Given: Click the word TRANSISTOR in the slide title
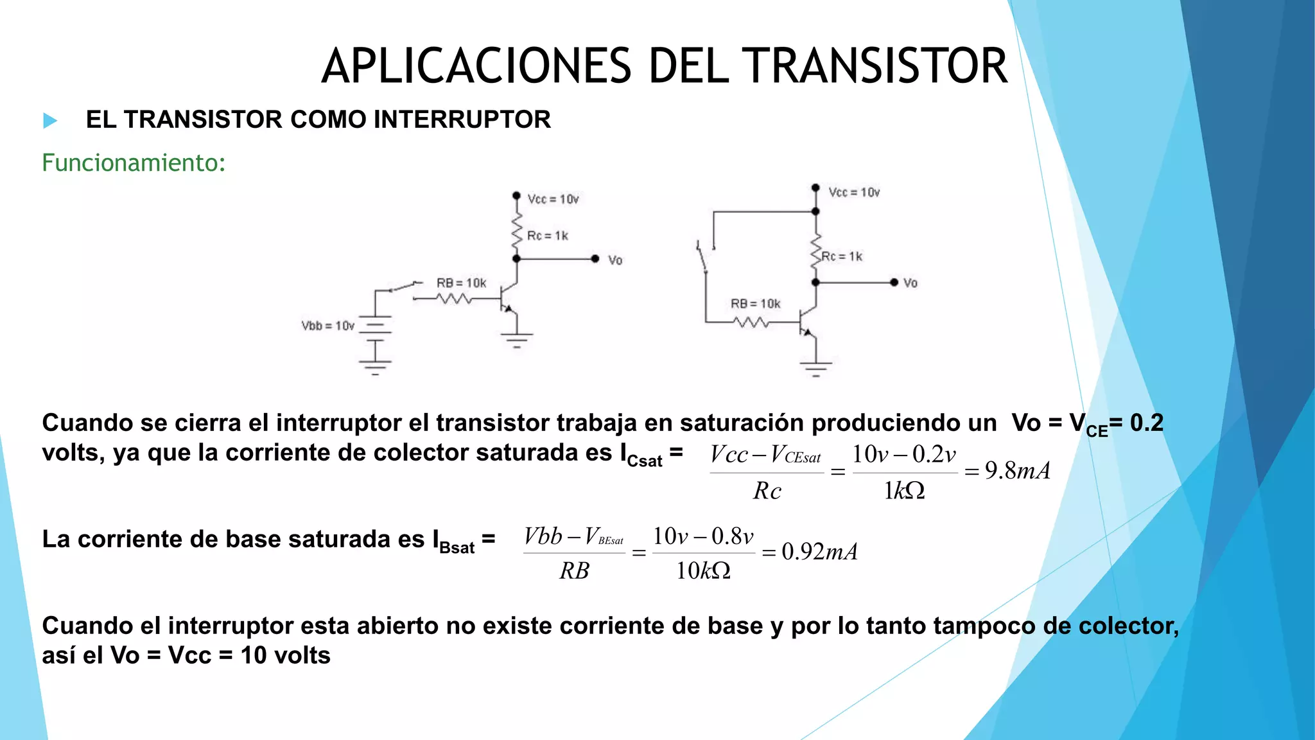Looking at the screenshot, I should [x=876, y=66].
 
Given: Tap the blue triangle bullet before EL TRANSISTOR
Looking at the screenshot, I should [x=50, y=120].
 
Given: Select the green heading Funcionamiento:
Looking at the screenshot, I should [x=134, y=163].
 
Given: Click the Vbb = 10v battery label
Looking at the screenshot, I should [x=327, y=326].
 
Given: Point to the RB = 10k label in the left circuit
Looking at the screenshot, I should [x=461, y=283].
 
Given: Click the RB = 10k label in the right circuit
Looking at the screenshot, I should [x=755, y=304].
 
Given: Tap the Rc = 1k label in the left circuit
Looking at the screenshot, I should [x=547, y=236].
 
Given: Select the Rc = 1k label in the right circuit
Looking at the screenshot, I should [x=842, y=257].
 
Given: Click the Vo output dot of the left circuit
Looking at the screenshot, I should [x=595, y=259].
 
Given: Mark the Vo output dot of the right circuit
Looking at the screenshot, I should [x=894, y=283].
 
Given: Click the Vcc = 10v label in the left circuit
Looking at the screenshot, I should [x=553, y=199].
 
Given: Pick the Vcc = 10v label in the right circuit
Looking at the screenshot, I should [x=854, y=192].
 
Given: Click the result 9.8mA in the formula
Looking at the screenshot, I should [x=1018, y=471].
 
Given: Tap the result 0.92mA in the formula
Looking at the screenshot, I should [x=819, y=552].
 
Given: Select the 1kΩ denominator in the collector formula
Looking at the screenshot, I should [x=904, y=491].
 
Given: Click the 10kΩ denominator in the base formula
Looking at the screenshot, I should [x=703, y=570].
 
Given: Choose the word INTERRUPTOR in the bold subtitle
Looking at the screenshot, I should [x=462, y=119].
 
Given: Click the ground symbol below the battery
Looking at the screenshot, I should [x=375, y=367].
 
